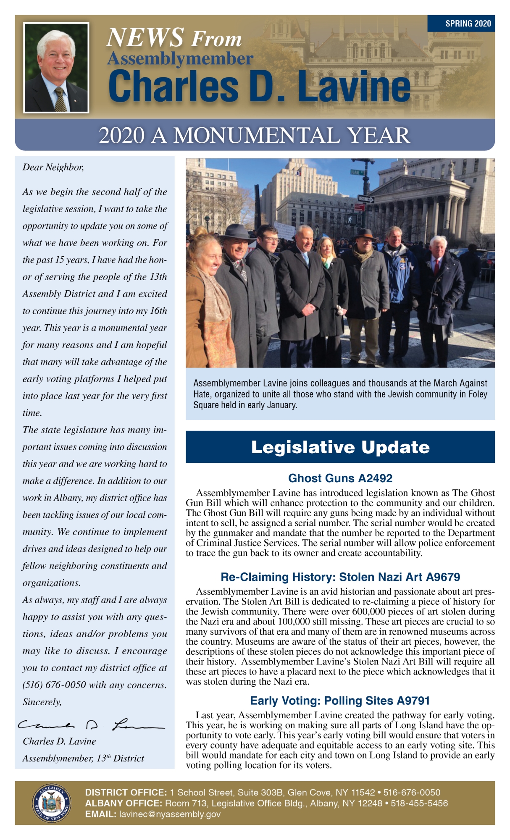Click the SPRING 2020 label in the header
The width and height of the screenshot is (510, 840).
pyautogui.click(x=468, y=24)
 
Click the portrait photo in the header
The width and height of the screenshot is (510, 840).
pyautogui.click(x=56, y=68)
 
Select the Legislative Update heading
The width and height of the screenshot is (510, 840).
pyautogui.click(x=340, y=447)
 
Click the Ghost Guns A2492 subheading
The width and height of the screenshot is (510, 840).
pyautogui.click(x=340, y=478)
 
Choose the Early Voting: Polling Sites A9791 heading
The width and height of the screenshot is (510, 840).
pyautogui.click(x=340, y=701)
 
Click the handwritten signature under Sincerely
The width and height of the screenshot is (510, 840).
pyautogui.click(x=90, y=725)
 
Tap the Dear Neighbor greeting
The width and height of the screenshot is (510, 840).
pyautogui.click(x=53, y=168)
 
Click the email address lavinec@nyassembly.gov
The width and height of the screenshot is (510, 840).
pyautogui.click(x=170, y=814)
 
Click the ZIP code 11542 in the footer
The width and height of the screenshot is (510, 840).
pyautogui.click(x=363, y=793)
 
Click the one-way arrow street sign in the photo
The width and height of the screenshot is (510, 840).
pyautogui.click(x=366, y=199)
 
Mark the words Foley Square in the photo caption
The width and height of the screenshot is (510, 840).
pyautogui.click(x=478, y=394)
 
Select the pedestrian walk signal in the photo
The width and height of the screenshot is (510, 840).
pyautogui.click(x=351, y=219)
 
